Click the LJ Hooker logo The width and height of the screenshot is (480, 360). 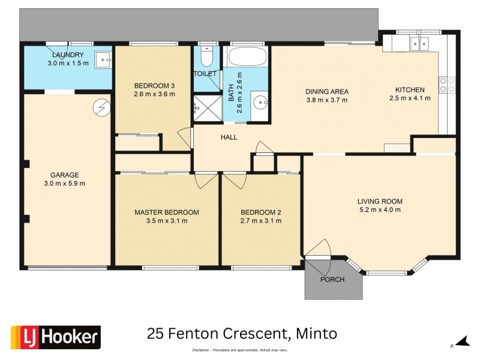point(55,337)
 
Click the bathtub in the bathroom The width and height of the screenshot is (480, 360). point(247,58)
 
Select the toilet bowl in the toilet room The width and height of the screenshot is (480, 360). point(206,58)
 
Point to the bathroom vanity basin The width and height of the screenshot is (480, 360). point(261,102)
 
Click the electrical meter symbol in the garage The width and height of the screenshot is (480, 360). point(99,108)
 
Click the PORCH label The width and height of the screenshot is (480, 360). point(332,280)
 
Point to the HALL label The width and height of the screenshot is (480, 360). point(229,137)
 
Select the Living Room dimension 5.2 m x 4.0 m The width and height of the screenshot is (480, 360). point(379,210)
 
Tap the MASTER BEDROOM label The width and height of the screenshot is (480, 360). point(166,212)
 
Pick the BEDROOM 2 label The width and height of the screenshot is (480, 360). point(260,212)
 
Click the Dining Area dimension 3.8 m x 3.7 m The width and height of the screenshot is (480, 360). point(326,100)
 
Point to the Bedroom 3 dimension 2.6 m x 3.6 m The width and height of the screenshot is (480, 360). point(154,94)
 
